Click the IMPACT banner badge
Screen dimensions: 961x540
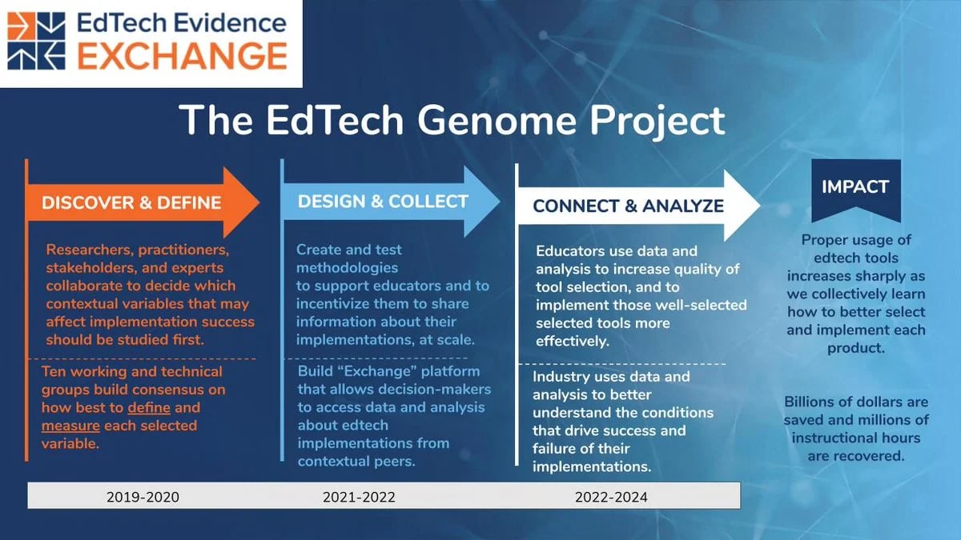coord(856,190)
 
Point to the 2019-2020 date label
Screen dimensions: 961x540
coord(143,497)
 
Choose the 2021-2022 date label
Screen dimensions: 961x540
coord(359,497)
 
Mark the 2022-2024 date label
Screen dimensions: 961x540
coord(611,497)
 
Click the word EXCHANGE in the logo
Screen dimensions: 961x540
coord(183,56)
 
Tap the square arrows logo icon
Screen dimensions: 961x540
coord(37,41)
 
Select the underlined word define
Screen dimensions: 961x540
coord(149,407)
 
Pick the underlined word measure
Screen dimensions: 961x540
coord(70,426)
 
